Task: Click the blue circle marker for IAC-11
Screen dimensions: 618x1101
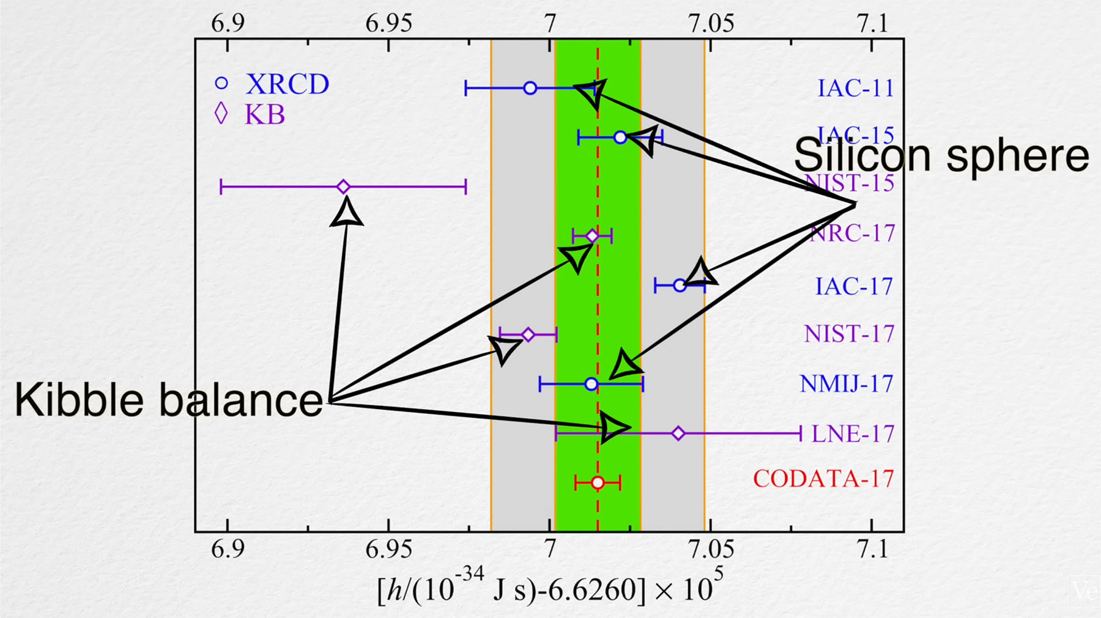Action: tap(530, 88)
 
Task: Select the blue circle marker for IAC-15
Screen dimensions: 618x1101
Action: tap(620, 138)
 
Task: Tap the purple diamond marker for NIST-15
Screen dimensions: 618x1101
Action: tap(344, 186)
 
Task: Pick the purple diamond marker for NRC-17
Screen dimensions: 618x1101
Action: tap(592, 236)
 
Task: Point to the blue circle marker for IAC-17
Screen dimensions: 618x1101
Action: tap(680, 285)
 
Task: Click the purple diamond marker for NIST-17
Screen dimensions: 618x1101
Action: tap(528, 334)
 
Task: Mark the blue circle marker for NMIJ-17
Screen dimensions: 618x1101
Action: tap(591, 384)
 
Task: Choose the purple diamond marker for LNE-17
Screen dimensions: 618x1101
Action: tap(678, 433)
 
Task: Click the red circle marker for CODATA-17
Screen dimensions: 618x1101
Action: tap(598, 483)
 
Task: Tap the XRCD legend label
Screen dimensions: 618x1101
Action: tap(287, 84)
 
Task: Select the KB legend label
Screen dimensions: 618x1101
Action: tap(265, 115)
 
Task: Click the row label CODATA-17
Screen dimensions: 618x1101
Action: tap(823, 479)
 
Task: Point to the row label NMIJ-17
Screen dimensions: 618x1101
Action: tap(847, 384)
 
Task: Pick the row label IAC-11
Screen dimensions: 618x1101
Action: tap(855, 89)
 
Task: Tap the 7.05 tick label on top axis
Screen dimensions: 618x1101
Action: tap(711, 24)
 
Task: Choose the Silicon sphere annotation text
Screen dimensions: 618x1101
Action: tap(941, 155)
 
